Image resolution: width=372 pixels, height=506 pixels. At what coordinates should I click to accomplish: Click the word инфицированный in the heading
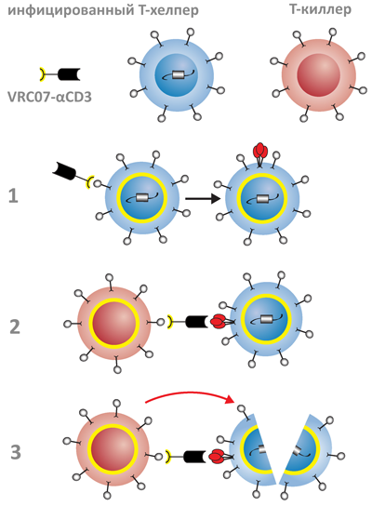70,10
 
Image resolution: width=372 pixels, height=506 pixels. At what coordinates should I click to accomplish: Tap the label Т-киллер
320,9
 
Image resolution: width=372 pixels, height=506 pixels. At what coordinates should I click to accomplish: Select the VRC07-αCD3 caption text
49,97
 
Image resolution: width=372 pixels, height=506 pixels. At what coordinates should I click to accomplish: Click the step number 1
13,196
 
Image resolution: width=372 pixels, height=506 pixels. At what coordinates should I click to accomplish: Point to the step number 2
15,326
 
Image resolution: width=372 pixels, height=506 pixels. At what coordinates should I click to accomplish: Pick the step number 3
16,452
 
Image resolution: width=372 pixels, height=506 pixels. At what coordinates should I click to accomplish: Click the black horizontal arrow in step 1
203,198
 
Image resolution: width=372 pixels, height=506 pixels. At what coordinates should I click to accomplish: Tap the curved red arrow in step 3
190,395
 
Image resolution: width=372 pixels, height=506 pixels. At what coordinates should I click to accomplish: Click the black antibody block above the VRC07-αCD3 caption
69,74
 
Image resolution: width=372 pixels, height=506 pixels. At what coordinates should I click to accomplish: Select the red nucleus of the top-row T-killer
319,74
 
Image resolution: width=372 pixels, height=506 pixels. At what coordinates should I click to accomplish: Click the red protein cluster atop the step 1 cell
260,150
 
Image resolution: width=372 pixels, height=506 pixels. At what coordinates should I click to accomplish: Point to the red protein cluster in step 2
218,321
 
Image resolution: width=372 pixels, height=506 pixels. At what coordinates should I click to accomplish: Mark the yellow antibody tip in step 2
169,323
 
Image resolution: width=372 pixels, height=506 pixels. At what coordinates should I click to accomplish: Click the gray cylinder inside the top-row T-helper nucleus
178,74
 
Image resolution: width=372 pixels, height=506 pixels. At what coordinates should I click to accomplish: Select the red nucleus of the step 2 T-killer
114,323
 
